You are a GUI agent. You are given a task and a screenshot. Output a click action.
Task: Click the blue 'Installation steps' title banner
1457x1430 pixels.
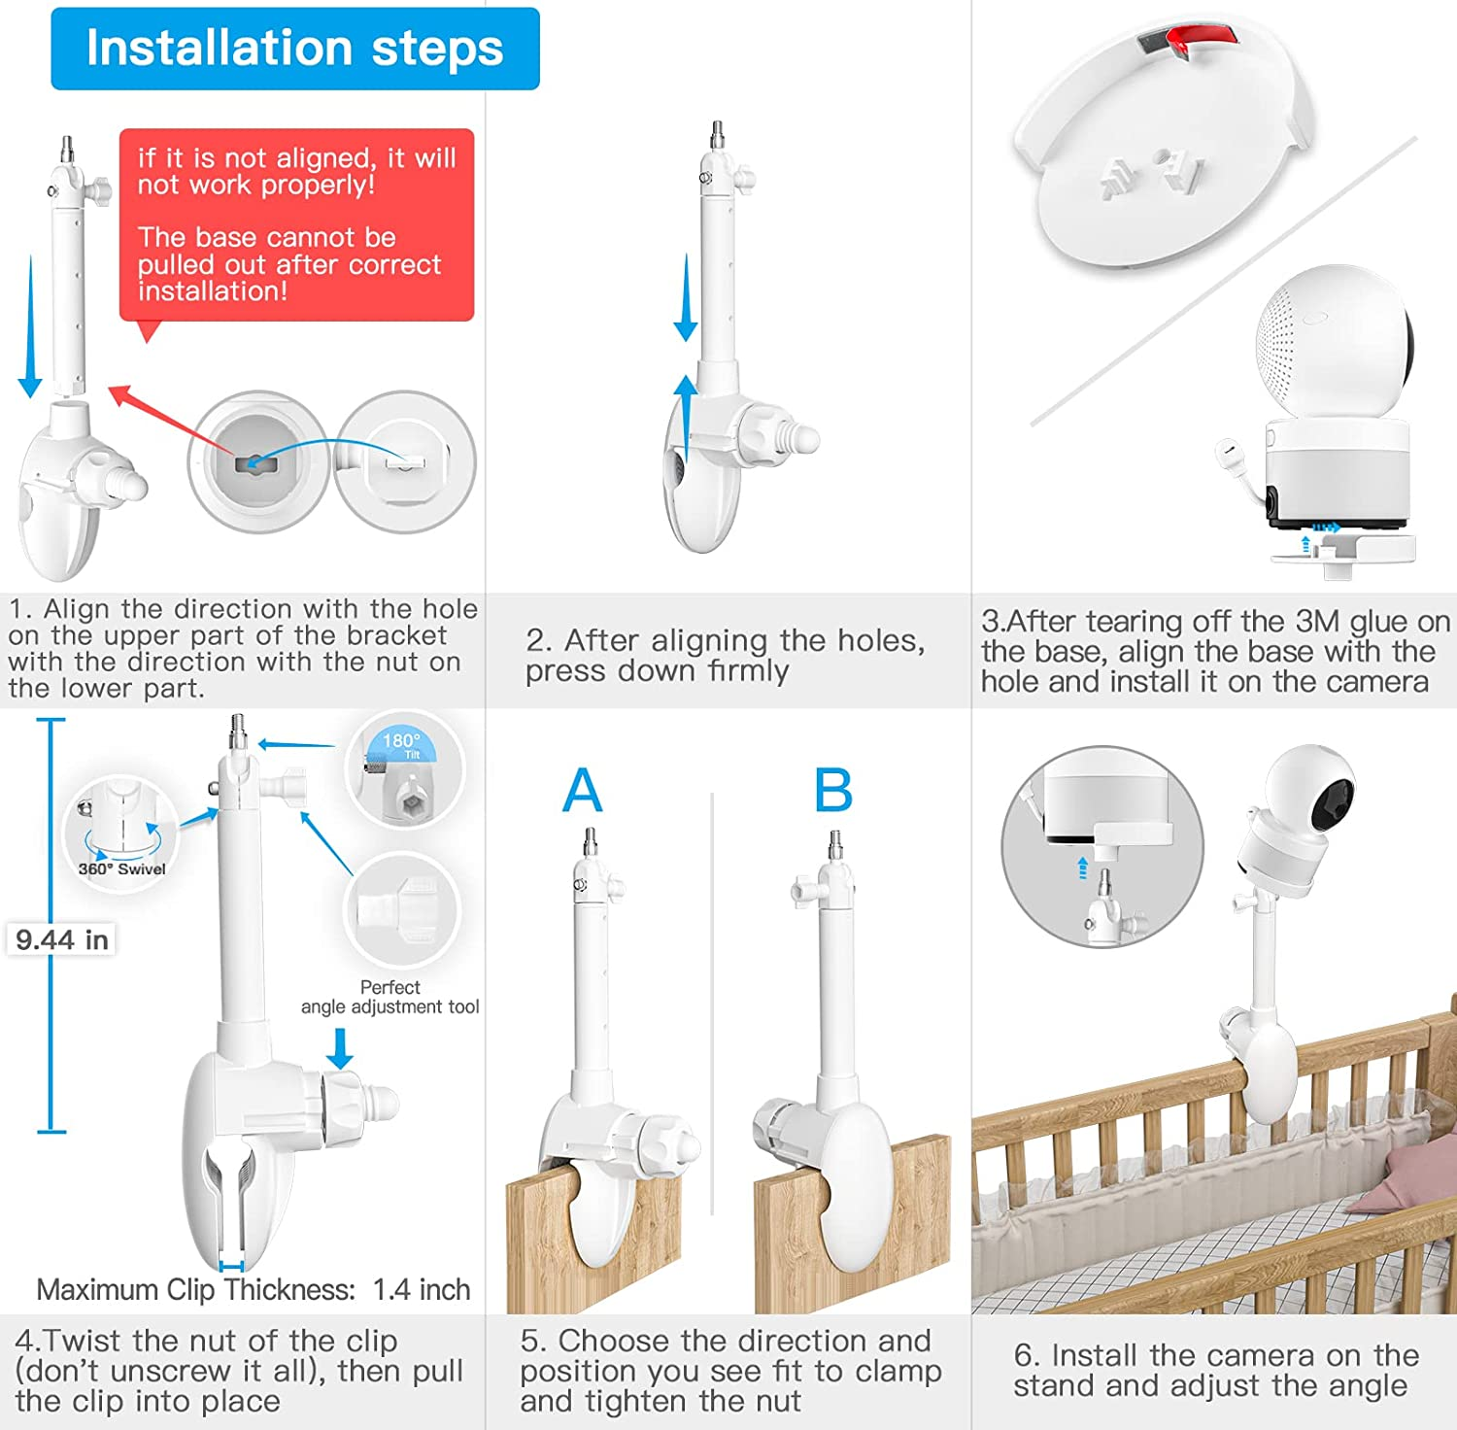294,49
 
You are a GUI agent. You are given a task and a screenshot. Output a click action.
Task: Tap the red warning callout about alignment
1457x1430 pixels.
296,223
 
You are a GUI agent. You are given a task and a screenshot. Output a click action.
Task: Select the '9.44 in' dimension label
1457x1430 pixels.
62,939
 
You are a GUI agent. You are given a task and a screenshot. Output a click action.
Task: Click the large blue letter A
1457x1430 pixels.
583,791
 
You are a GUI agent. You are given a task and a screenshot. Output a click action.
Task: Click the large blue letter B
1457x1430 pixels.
833,791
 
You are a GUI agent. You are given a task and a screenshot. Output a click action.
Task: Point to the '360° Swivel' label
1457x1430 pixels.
121,869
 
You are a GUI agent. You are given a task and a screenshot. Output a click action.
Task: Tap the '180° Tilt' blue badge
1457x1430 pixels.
401,743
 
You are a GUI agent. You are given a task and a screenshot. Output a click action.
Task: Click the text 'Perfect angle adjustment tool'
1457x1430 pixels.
390,997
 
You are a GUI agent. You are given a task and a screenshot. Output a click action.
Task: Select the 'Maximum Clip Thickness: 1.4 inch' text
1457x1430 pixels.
253,1289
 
